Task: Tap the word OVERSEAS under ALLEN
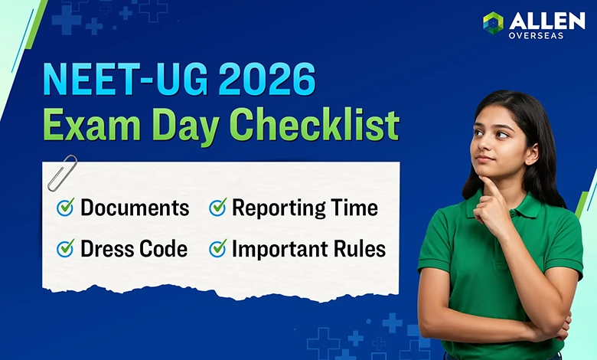click(x=536, y=34)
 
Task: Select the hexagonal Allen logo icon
click(x=494, y=23)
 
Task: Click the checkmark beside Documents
click(x=66, y=207)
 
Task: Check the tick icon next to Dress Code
click(x=66, y=248)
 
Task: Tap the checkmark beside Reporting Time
click(x=218, y=207)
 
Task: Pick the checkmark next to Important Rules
click(x=218, y=248)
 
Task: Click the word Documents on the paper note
click(x=135, y=208)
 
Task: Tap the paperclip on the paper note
click(x=62, y=172)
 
